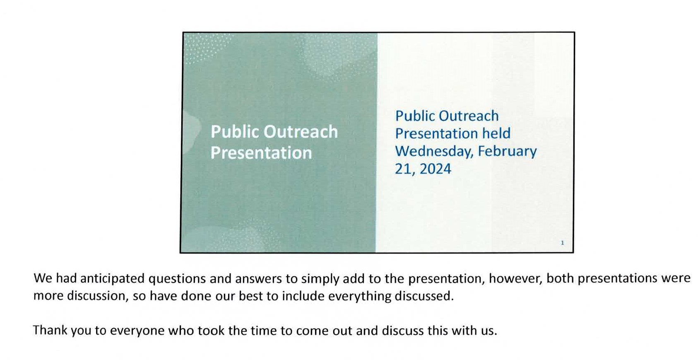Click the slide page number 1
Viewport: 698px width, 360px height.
562,243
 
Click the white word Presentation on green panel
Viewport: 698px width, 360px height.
261,153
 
